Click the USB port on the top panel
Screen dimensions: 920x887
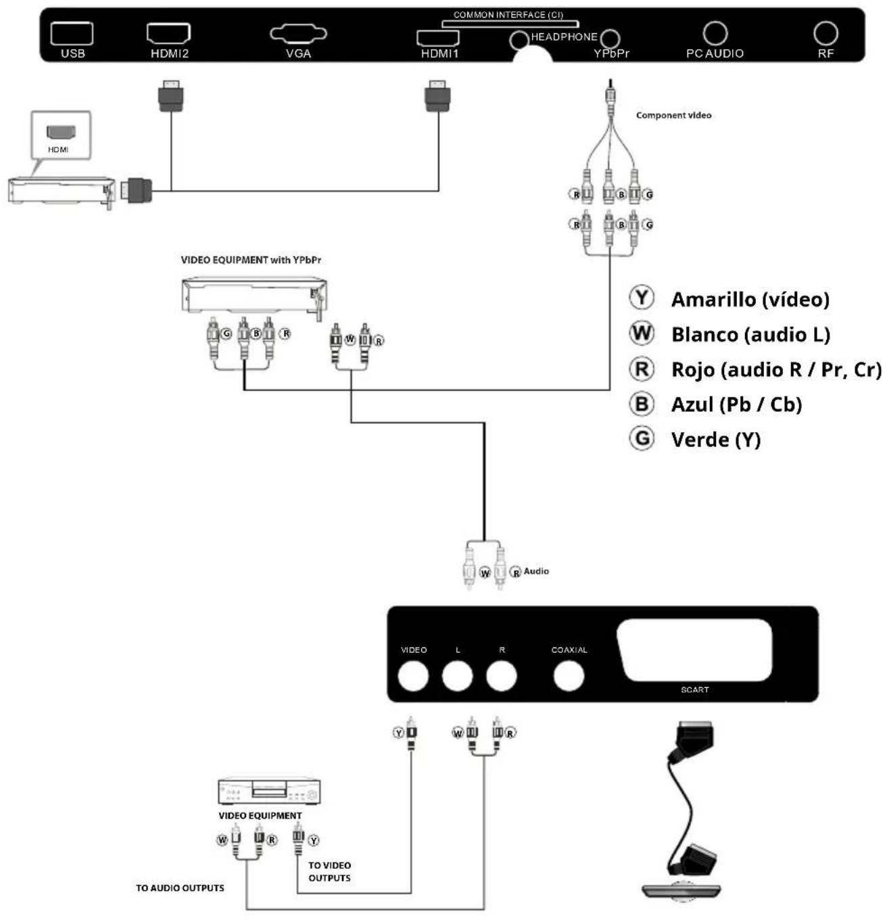[72, 33]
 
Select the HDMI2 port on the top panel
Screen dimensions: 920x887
[168, 33]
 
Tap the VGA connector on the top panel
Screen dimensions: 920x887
[298, 33]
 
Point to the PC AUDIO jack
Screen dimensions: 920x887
[715, 33]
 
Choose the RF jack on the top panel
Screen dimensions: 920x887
[825, 33]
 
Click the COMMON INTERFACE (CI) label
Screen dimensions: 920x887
[508, 15]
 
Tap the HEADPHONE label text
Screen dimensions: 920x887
[564, 37]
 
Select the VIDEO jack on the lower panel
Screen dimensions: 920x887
[413, 676]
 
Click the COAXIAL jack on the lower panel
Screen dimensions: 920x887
[569, 676]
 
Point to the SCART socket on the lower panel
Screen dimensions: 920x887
[694, 650]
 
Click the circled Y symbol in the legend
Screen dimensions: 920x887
[641, 298]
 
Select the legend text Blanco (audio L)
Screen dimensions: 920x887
[750, 334]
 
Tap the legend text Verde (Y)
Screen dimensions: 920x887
[716, 440]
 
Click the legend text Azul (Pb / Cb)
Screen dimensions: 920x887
[736, 405]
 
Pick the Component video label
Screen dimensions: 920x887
[673, 116]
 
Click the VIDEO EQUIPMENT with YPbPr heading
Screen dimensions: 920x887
[251, 260]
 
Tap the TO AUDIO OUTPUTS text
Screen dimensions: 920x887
[180, 888]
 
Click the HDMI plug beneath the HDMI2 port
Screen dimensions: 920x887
[171, 96]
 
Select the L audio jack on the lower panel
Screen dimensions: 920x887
[457, 676]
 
